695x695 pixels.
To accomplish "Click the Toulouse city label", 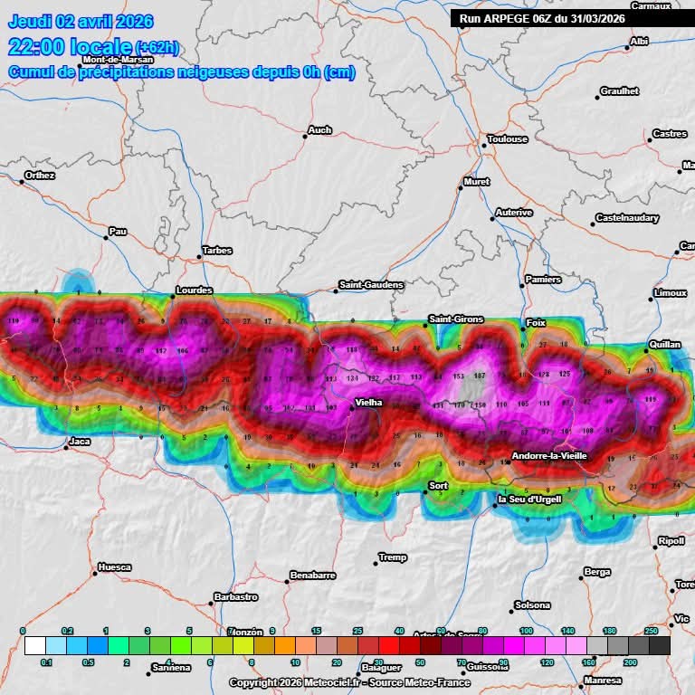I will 507,139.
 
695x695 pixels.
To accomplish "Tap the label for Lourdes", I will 194,290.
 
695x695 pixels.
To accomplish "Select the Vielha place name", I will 368,402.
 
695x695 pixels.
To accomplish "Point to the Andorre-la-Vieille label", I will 550,456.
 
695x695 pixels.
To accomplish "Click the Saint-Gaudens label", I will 371,285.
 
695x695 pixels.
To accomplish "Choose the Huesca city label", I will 114,567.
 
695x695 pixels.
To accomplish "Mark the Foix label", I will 536,323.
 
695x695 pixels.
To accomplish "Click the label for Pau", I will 118,232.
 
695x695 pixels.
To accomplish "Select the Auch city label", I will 319,130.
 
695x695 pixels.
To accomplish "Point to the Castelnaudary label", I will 627,218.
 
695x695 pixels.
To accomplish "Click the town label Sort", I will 438,486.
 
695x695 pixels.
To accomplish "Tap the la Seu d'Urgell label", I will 529,500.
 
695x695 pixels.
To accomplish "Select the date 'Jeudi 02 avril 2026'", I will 81,22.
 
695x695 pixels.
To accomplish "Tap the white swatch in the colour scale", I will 34,645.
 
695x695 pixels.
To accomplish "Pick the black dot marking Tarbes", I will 202,258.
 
